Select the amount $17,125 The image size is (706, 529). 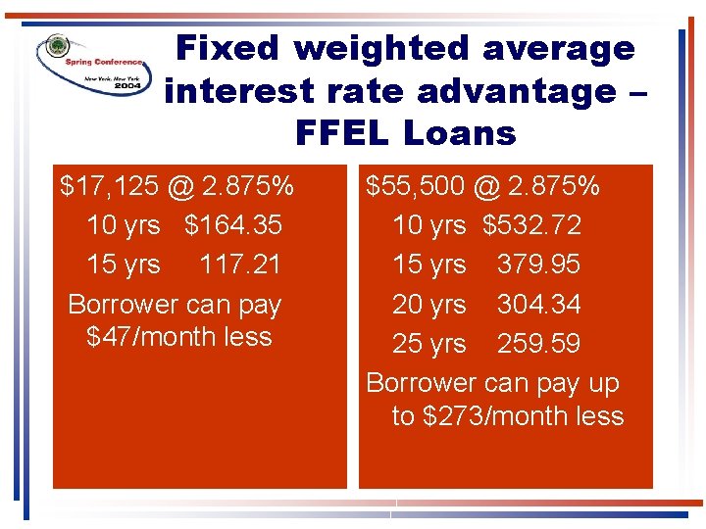pos(103,185)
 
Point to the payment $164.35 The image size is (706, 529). pos(233,225)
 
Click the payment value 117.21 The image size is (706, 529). pos(240,264)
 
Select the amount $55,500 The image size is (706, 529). pos(414,185)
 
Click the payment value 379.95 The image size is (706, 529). pos(538,264)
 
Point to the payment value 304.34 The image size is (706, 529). pos(538,305)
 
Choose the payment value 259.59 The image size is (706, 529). pos(538,344)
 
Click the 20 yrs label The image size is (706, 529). pos(429,305)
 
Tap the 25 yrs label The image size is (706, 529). pos(429,344)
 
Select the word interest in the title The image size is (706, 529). pos(235,90)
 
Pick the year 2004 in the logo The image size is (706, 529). pos(126,85)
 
